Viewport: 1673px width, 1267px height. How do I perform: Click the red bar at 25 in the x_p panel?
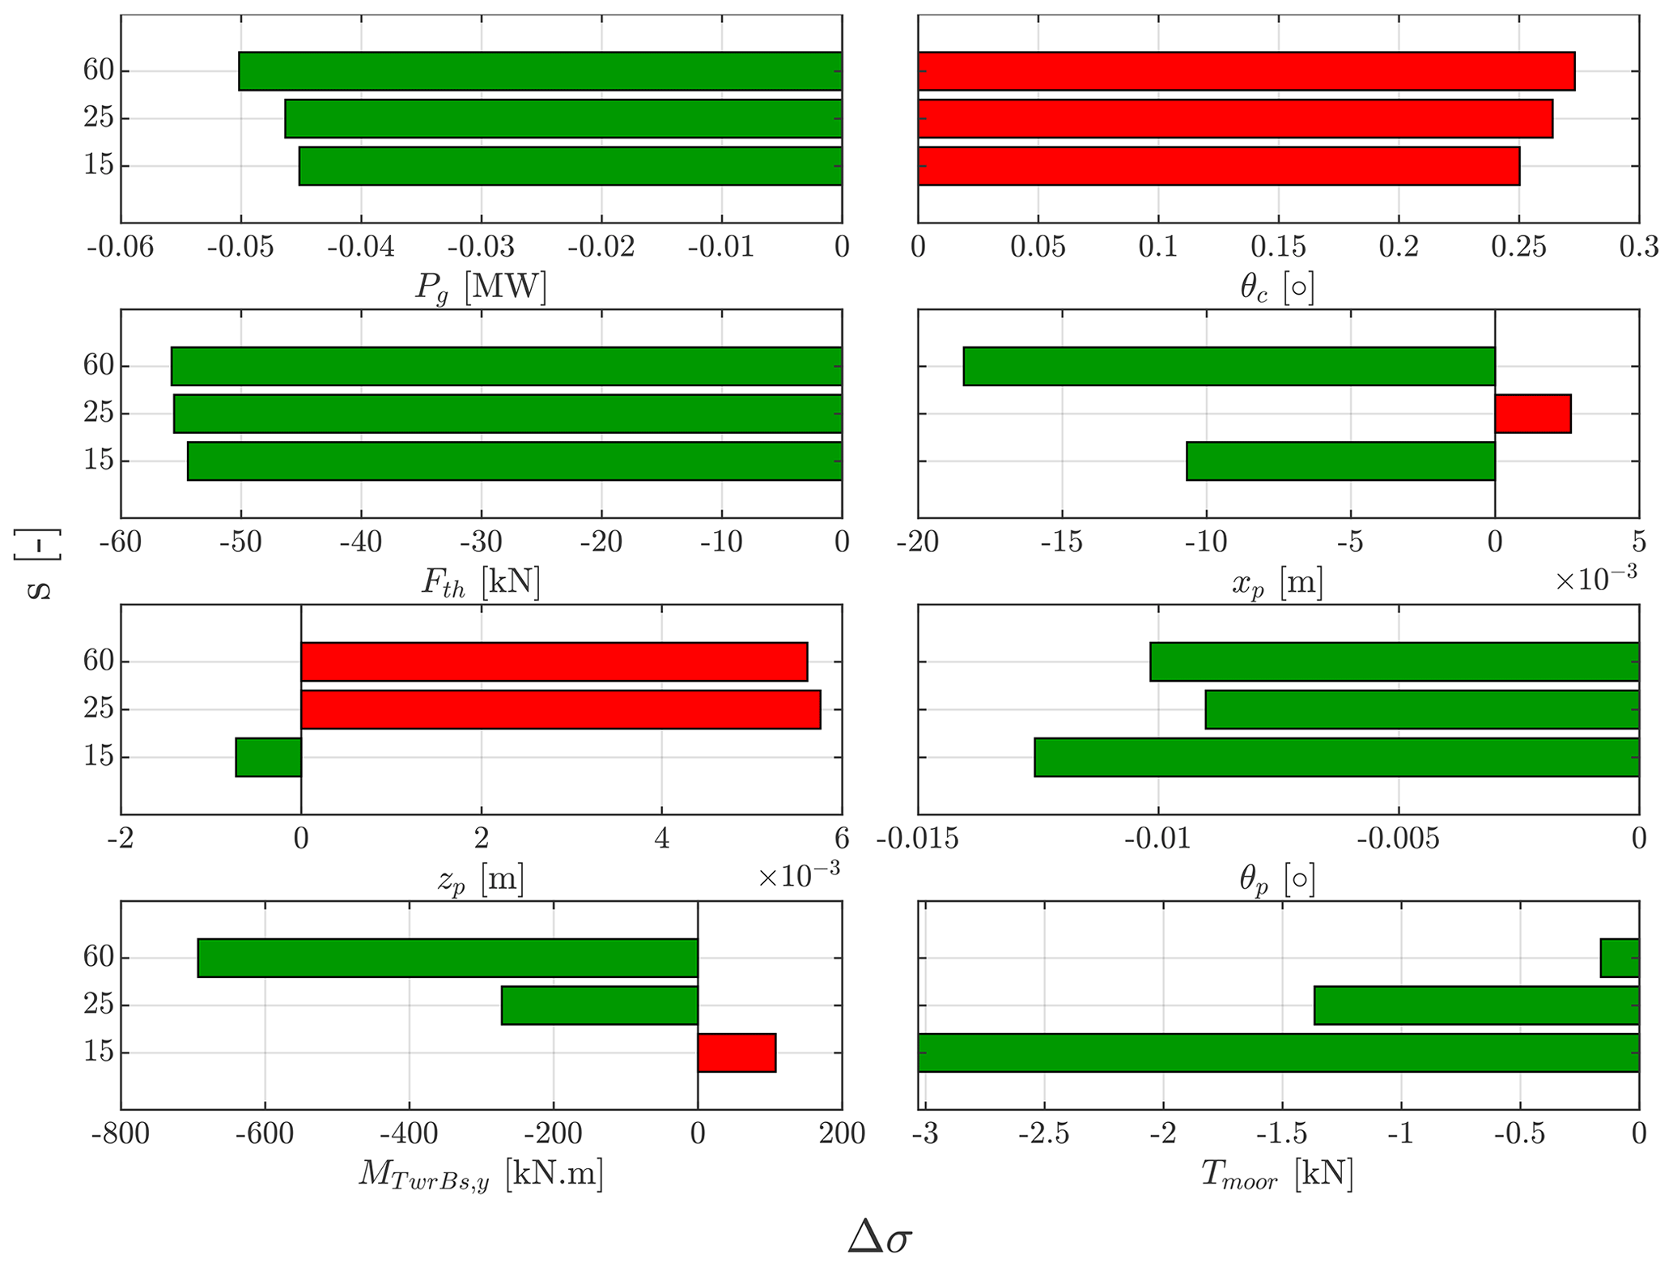(x=1532, y=414)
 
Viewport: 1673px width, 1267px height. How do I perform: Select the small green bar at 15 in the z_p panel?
(x=268, y=757)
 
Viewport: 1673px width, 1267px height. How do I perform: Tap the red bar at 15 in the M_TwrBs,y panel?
(x=737, y=1052)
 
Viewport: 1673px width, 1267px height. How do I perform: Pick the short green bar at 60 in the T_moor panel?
(x=1620, y=958)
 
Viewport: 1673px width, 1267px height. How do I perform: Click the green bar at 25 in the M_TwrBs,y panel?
(x=600, y=1006)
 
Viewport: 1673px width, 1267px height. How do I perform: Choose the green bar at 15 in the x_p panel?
(x=1340, y=461)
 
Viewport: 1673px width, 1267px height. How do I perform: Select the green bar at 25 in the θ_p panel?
(x=1422, y=709)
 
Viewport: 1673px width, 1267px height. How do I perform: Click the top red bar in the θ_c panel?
(x=1246, y=71)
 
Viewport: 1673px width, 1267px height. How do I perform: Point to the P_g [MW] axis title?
(x=481, y=287)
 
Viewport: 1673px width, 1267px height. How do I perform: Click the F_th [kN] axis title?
(x=481, y=582)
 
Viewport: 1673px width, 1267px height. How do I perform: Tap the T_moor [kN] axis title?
(x=1277, y=1174)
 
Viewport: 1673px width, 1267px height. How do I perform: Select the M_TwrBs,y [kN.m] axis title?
(x=481, y=1175)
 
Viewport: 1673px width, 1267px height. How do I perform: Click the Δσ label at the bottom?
(x=880, y=1237)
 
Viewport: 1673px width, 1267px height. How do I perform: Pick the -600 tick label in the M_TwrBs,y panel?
(x=265, y=1134)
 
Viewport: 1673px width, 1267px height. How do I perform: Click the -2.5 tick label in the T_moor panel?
(x=1043, y=1134)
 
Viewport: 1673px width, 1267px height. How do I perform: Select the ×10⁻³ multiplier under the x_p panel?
(x=1596, y=576)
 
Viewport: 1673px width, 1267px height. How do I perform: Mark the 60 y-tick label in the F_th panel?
(x=99, y=366)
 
